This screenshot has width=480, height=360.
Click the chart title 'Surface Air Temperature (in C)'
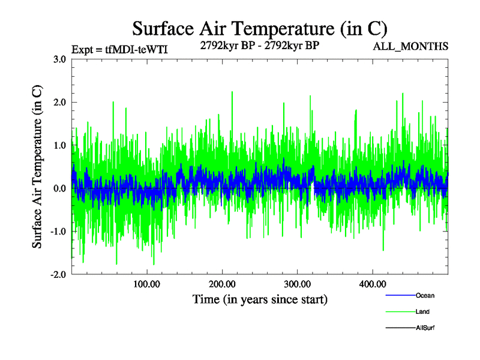(x=259, y=28)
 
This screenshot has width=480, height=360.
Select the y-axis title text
(x=37, y=167)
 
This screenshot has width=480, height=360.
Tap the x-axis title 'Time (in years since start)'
(x=260, y=299)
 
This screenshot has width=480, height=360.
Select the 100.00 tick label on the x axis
(x=146, y=284)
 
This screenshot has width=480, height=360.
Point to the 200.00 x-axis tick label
(x=222, y=284)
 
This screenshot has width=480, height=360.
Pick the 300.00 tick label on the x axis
(x=298, y=284)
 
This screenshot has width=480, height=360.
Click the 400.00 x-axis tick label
(x=373, y=284)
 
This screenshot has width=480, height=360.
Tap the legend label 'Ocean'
(x=425, y=296)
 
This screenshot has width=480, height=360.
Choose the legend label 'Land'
(x=422, y=312)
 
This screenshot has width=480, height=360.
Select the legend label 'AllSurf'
(x=425, y=328)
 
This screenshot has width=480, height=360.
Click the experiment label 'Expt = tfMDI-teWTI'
(x=119, y=49)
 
